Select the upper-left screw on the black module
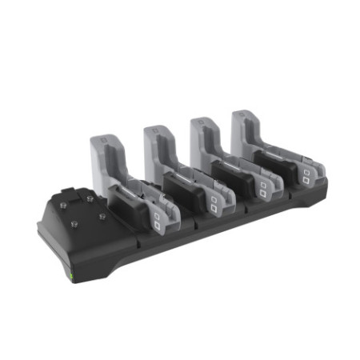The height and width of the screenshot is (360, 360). coord(66,202)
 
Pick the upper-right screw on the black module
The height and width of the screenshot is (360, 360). coord(90,197)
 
